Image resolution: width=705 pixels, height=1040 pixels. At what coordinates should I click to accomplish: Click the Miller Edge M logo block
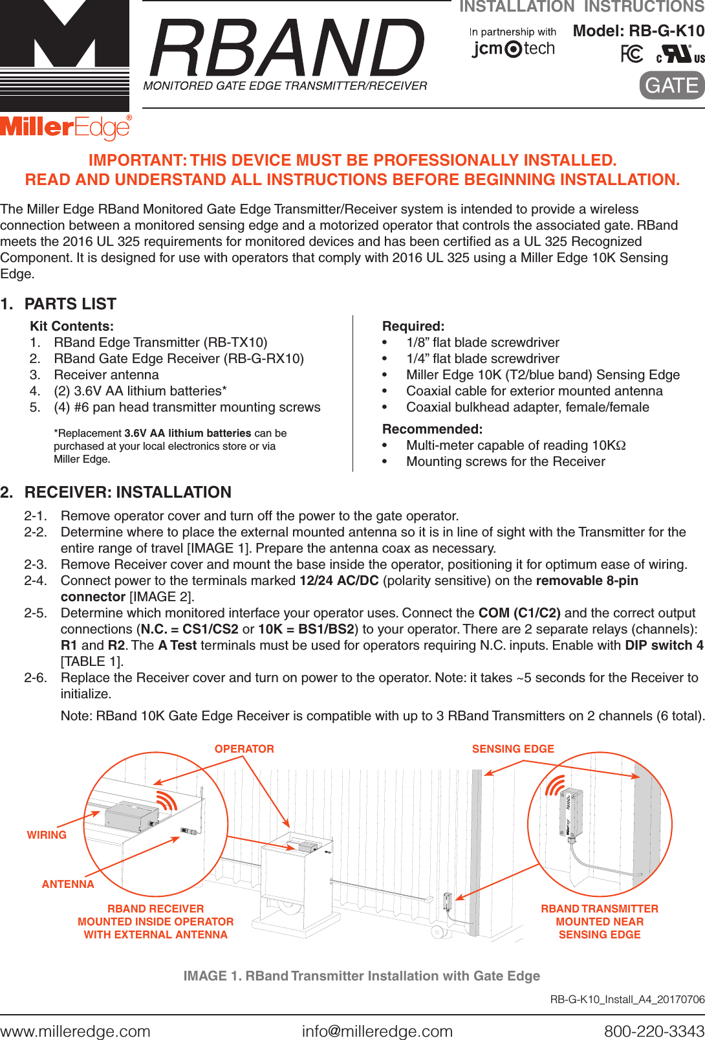point(64,55)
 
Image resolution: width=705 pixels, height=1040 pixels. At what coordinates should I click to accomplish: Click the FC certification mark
point(631,54)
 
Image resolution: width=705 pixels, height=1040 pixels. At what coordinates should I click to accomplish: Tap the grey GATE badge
point(671,85)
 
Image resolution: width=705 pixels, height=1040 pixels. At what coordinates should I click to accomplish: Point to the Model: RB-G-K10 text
point(638,30)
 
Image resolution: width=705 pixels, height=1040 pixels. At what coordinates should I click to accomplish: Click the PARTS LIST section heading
point(70,304)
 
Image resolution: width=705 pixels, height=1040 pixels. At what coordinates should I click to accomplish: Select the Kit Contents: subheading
point(72,326)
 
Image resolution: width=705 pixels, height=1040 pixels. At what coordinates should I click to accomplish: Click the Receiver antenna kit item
point(106,375)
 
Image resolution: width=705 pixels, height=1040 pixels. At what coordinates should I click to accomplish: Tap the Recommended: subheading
point(432,429)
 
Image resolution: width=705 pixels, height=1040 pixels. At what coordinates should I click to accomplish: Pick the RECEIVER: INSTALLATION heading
point(127,492)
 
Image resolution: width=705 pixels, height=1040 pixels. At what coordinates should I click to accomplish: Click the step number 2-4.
point(36,581)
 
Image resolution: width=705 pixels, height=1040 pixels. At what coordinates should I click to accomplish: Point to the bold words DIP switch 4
point(664,645)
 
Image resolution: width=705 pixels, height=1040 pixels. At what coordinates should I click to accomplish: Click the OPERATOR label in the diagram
point(244,749)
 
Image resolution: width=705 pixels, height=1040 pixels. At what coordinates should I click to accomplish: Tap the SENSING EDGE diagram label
point(513,749)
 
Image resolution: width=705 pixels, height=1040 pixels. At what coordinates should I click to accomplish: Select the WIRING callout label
point(47,835)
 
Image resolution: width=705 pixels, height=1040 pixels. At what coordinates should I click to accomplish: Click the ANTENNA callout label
point(68,884)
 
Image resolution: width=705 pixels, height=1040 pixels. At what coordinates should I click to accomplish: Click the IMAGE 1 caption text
point(361,976)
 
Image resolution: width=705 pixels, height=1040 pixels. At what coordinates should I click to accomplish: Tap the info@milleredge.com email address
point(377,1031)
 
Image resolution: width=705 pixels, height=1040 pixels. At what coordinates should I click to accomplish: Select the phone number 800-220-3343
point(653,1031)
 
